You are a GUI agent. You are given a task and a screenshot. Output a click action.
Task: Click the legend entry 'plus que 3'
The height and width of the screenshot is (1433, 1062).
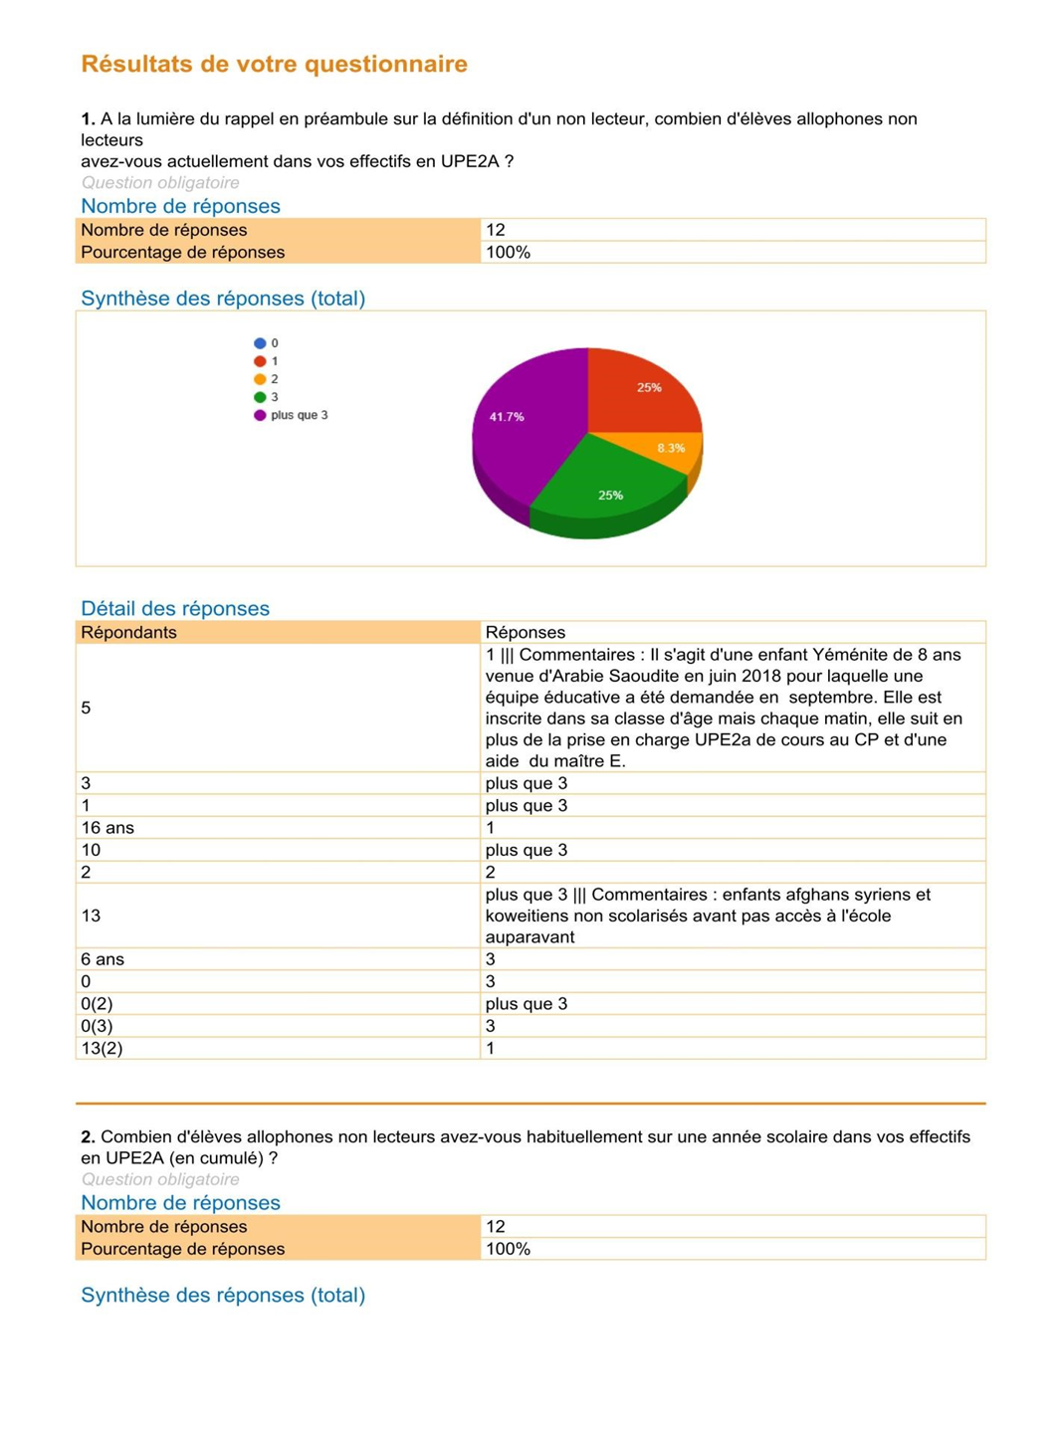click(299, 415)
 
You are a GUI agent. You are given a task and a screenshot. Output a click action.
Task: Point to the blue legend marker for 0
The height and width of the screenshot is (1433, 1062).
click(260, 343)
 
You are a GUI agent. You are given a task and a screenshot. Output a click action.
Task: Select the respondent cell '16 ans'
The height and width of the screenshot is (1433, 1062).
click(107, 828)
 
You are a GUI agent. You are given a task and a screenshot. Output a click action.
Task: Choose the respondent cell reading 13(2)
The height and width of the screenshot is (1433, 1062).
click(102, 1048)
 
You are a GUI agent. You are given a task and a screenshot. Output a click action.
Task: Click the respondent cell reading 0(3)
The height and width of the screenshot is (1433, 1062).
click(97, 1026)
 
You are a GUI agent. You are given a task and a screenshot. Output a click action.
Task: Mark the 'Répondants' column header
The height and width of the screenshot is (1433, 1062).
click(128, 633)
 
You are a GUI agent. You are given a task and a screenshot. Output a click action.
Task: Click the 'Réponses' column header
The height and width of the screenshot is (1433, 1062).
click(526, 633)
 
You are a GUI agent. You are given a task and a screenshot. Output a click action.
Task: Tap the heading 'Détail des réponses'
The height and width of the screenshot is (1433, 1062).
click(175, 608)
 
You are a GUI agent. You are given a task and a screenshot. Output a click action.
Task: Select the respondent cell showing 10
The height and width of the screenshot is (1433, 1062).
click(91, 850)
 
